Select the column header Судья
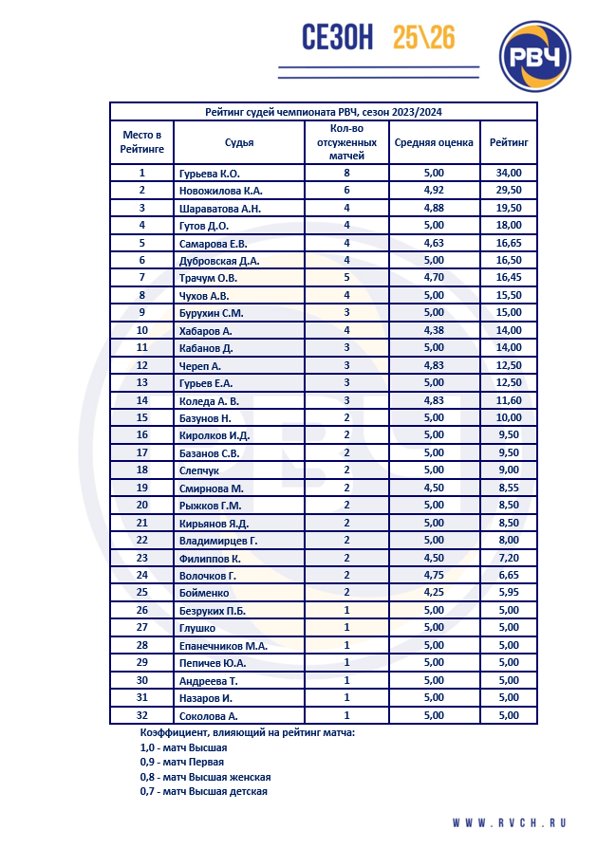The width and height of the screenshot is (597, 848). point(238,143)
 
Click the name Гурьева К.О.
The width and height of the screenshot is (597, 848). point(209,174)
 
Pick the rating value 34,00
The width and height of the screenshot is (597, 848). point(509,174)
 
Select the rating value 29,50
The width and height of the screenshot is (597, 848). point(509,191)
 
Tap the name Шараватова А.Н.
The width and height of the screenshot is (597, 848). point(219,209)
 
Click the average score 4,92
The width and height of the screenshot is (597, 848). point(433,191)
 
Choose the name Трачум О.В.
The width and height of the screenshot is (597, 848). point(208,278)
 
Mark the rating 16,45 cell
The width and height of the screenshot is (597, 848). point(509,278)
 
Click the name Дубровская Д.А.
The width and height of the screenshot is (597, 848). point(219,261)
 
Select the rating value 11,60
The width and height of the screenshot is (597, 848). point(509,400)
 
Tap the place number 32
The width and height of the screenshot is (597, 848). point(142,715)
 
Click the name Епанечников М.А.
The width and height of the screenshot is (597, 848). point(223,645)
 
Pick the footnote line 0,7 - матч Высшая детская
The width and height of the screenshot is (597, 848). point(203,791)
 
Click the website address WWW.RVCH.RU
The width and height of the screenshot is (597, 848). point(509,822)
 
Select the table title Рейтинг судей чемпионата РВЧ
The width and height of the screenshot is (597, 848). point(324,112)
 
